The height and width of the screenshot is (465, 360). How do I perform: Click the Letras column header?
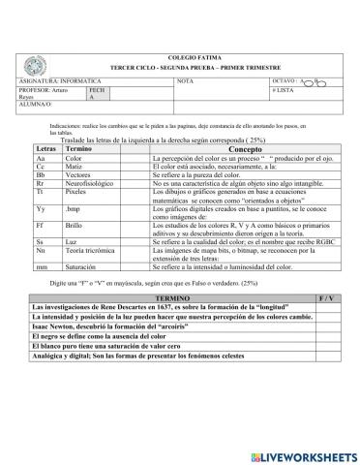pyautogui.click(x=44, y=148)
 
